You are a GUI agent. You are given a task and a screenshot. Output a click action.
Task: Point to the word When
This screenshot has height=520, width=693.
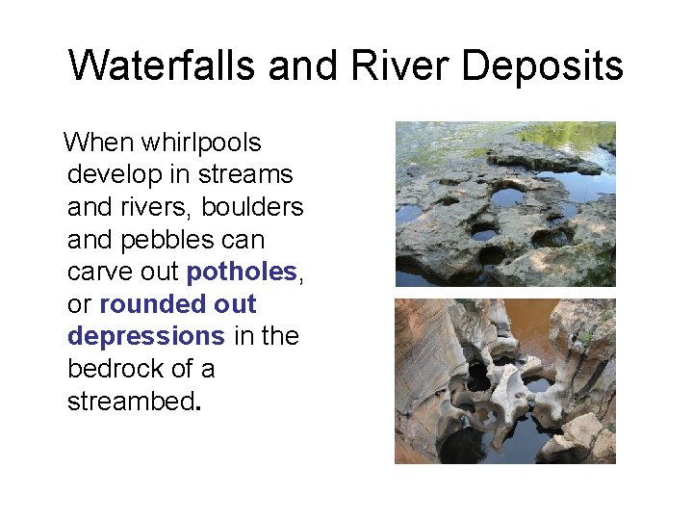click(x=99, y=143)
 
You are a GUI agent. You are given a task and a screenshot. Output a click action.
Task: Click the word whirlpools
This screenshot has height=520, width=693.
click(x=201, y=143)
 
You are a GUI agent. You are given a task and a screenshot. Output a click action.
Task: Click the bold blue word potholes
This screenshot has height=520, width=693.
click(x=242, y=273)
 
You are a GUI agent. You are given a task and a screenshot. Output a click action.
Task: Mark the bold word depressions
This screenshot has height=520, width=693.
click(x=145, y=337)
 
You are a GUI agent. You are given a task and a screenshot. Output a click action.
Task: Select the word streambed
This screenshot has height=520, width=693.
click(x=131, y=401)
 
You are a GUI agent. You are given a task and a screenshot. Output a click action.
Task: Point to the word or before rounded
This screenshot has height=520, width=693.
click(x=80, y=305)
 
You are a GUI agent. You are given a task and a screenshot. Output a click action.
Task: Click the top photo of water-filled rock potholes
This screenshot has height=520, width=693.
click(x=505, y=203)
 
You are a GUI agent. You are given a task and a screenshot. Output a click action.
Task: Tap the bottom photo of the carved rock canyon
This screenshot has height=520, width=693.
click(x=505, y=381)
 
